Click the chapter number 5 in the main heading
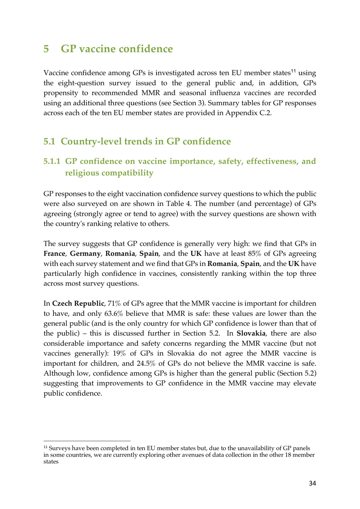[46, 49]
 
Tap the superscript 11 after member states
[293, 71]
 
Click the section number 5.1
[49, 142]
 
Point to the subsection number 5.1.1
[52, 161]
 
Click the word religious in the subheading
[83, 173]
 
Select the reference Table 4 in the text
[178, 204]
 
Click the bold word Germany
[85, 254]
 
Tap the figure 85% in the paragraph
[255, 254]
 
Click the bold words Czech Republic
[78, 304]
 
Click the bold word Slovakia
[251, 334]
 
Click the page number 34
[312, 483]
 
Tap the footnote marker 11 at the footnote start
[45, 448]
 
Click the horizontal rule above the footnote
[87, 441]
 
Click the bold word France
[54, 254]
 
